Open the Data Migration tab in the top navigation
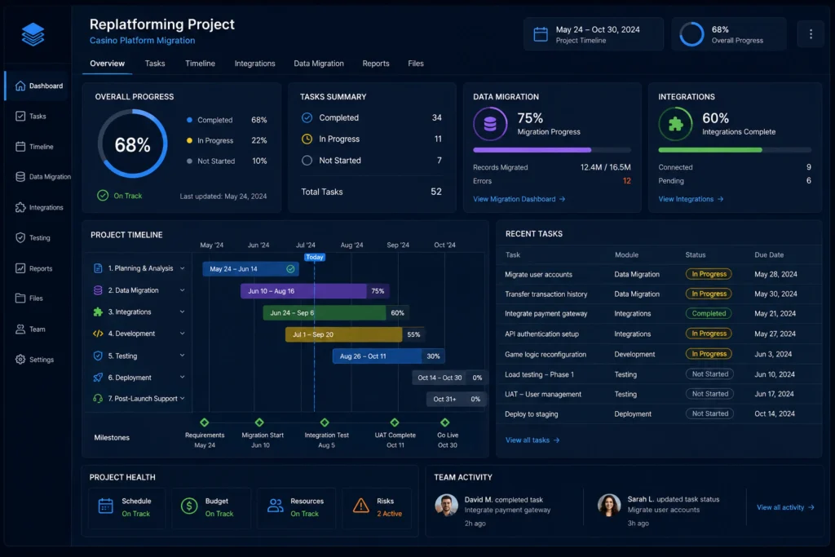click(319, 64)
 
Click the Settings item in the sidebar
click(34, 360)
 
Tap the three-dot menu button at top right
click(811, 34)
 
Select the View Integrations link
click(691, 199)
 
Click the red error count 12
click(627, 181)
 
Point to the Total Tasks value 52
click(436, 192)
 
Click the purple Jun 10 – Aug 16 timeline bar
click(303, 291)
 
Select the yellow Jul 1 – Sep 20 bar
click(343, 334)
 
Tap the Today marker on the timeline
click(314, 257)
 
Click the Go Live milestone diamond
click(444, 422)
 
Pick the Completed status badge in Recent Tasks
click(709, 314)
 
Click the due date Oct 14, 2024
click(775, 413)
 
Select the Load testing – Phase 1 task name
click(539, 374)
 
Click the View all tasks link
click(532, 440)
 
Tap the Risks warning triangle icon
click(361, 506)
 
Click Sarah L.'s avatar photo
click(608, 506)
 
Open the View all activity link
click(785, 507)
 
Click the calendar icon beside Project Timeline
click(541, 34)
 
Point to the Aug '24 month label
click(351, 245)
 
